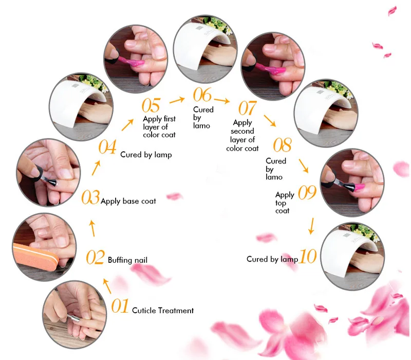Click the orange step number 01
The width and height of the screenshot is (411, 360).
click(x=120, y=305)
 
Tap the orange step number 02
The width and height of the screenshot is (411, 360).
click(x=96, y=257)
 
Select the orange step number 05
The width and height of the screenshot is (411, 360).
click(x=151, y=105)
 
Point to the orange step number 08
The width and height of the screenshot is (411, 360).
click(x=282, y=145)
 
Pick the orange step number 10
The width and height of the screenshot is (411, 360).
click(x=308, y=256)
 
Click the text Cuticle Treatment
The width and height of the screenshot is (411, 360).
click(x=163, y=311)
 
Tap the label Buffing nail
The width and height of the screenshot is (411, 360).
click(x=127, y=260)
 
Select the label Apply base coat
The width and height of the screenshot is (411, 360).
click(x=128, y=201)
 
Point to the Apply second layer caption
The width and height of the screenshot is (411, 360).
click(x=242, y=135)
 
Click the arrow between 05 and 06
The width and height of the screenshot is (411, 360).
click(x=177, y=100)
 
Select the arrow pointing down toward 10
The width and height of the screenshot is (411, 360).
click(x=311, y=226)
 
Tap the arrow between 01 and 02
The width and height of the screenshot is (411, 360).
click(x=107, y=286)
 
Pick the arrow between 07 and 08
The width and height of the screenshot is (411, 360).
click(x=270, y=120)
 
